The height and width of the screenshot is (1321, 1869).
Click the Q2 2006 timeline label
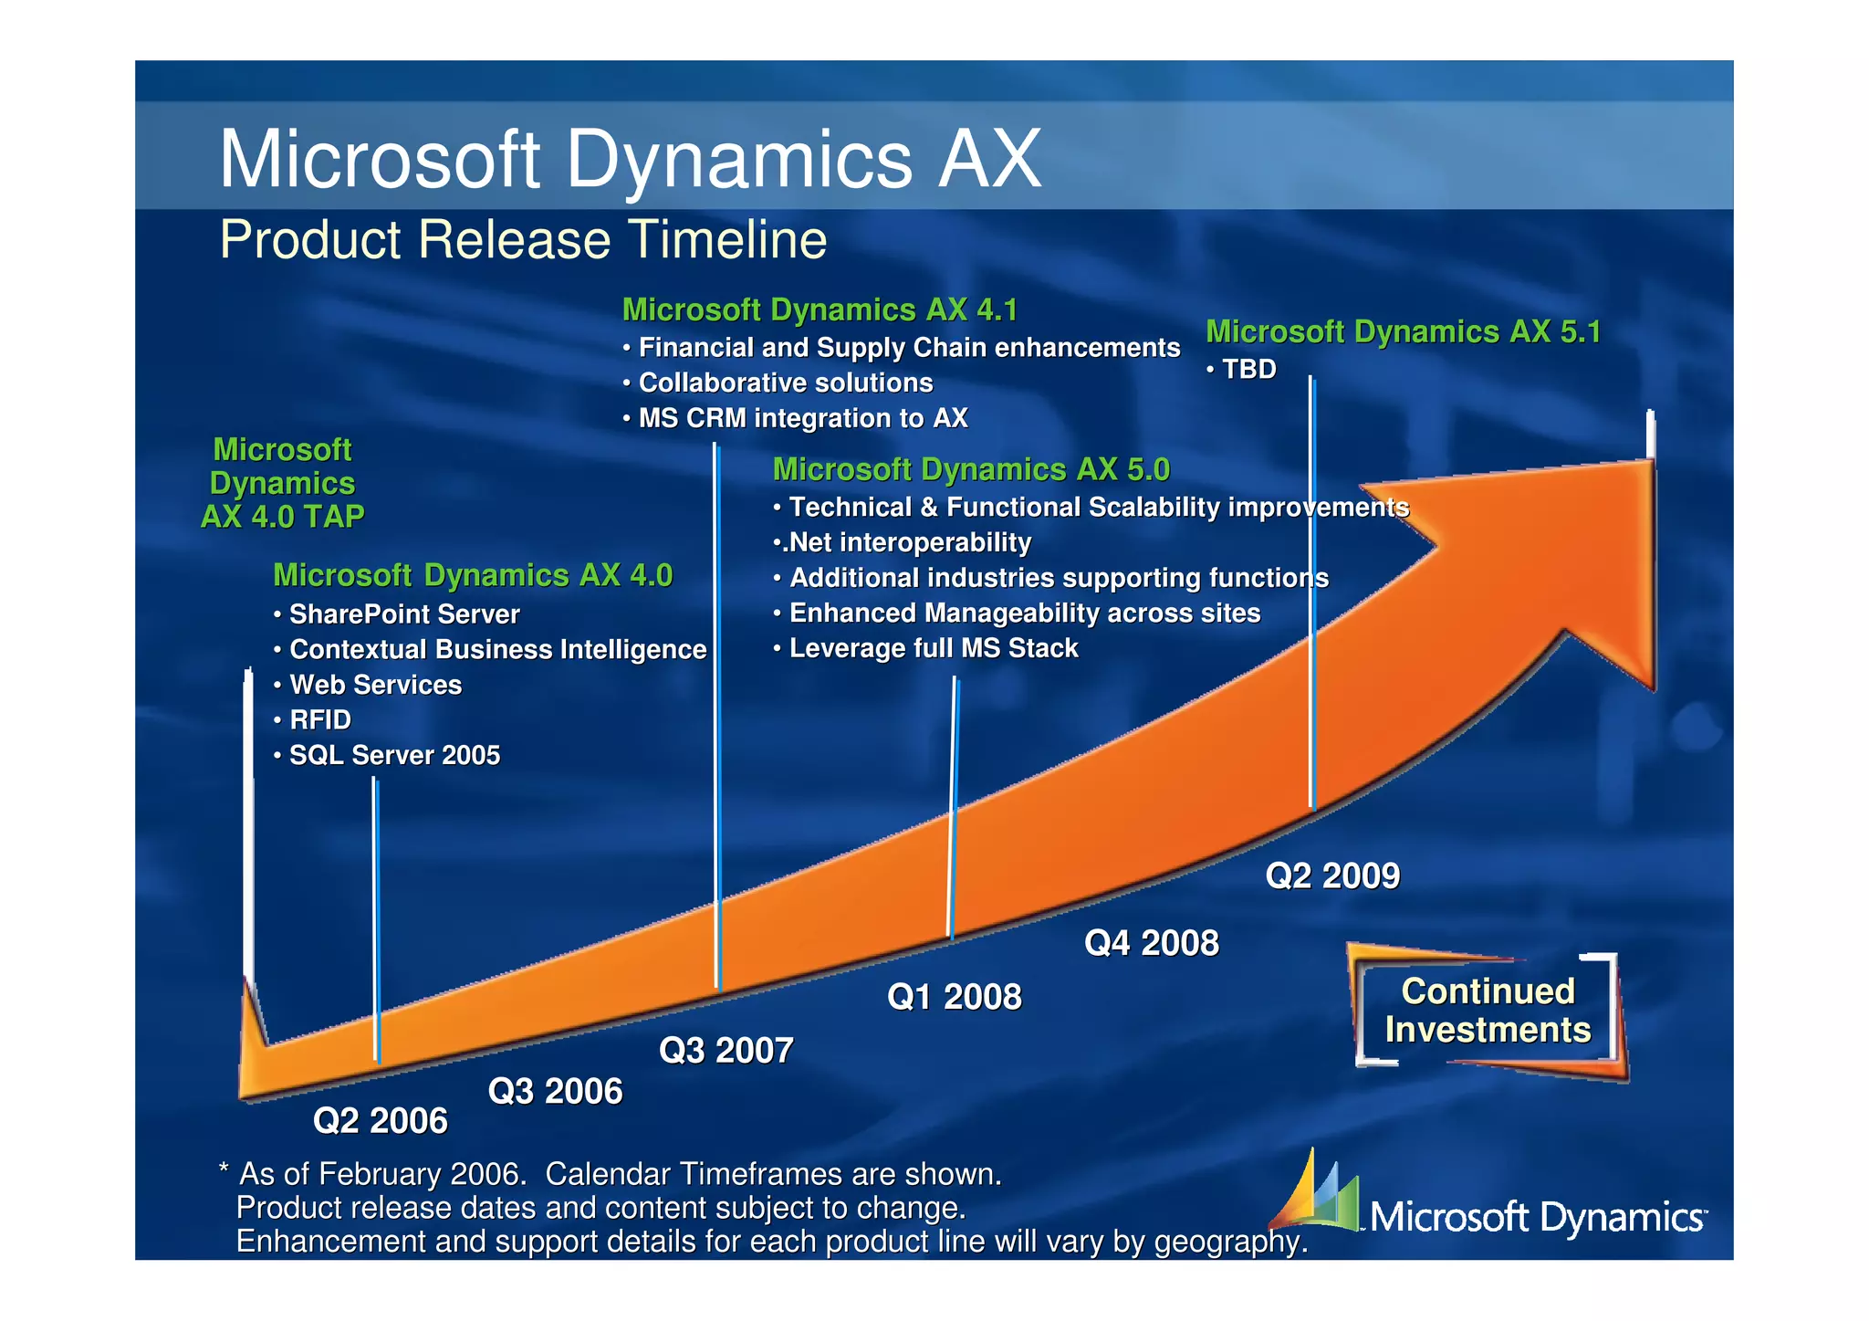click(380, 1120)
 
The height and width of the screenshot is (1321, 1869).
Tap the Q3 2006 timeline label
click(555, 1091)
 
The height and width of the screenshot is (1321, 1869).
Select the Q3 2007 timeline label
click(726, 1050)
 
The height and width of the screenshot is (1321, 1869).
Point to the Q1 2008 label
click(954, 997)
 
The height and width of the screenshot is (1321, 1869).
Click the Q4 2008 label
click(1151, 943)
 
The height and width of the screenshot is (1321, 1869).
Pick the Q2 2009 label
click(1331, 875)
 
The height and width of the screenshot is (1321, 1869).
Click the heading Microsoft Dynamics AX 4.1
click(820, 310)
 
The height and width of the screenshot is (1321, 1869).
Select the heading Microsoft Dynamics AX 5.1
click(1403, 331)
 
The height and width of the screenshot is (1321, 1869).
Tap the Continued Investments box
click(1487, 1011)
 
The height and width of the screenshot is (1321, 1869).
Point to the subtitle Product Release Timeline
click(523, 240)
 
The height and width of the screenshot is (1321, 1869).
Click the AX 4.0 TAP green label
click(282, 483)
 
